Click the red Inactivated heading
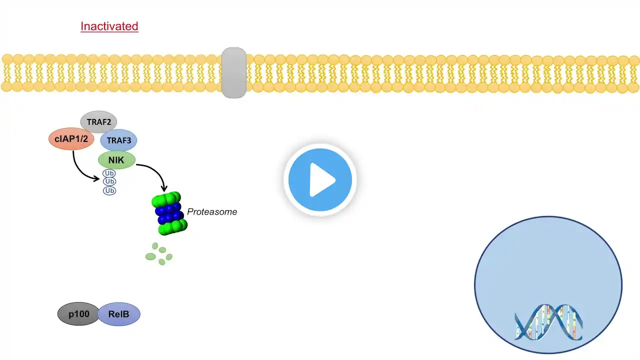pos(109,26)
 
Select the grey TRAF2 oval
pos(98,122)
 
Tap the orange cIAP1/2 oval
pos(71,138)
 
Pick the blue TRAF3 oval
pos(118,141)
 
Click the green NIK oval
pos(116,160)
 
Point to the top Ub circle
pos(109,173)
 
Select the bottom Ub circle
pos(109,190)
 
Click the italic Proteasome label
pos(212,212)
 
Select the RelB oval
pos(118,314)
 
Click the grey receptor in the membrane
pos(233,73)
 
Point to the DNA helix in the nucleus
pos(548,322)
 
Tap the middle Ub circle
pos(109,182)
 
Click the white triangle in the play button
pos(322,179)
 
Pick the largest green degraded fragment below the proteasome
pos(150,256)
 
